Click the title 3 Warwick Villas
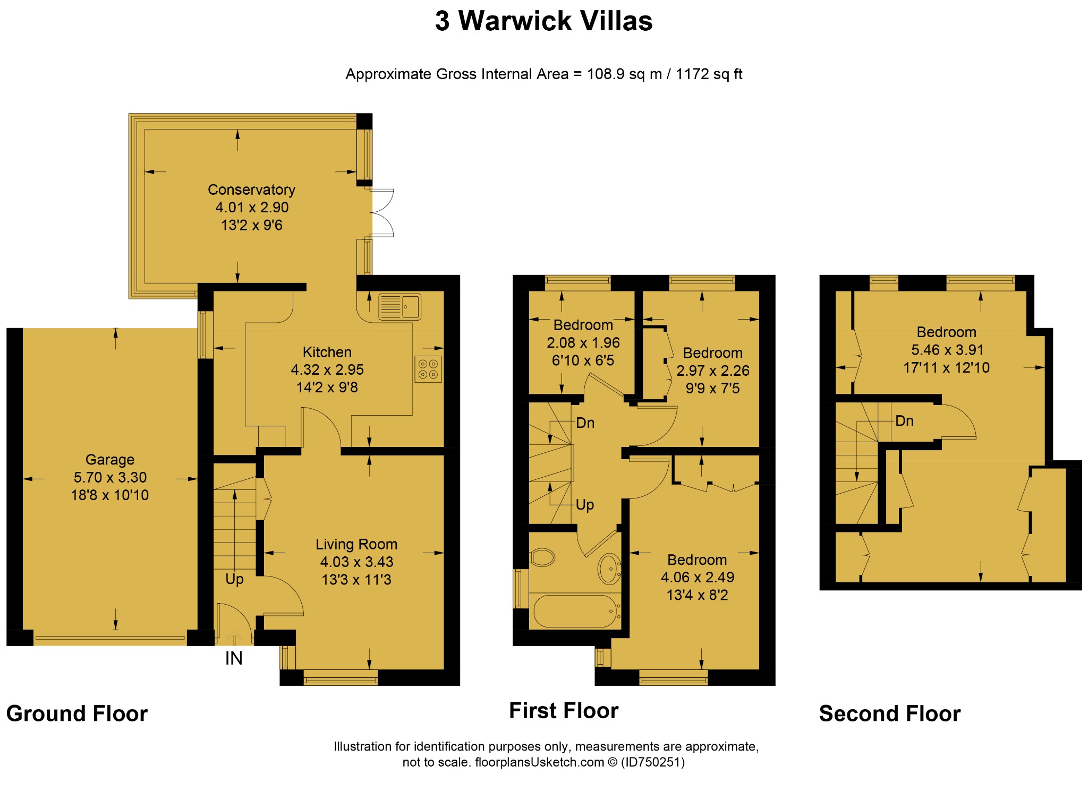[543, 21]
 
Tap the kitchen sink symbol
[399, 307]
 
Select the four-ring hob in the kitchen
[428, 369]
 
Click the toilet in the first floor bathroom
[542, 557]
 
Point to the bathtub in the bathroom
[575, 612]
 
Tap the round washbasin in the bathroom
[609, 569]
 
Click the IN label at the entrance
[234, 658]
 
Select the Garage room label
[110, 460]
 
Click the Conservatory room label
[251, 190]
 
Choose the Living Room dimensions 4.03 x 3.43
[356, 562]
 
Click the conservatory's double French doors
[382, 212]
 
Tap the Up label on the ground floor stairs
[234, 579]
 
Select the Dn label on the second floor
[904, 421]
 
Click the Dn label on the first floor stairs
[585, 423]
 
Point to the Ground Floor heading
[77, 713]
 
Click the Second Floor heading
[890, 713]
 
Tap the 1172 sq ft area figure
[709, 74]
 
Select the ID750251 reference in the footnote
[653, 762]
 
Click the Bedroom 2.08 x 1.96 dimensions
[583, 343]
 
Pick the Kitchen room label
[327, 352]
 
